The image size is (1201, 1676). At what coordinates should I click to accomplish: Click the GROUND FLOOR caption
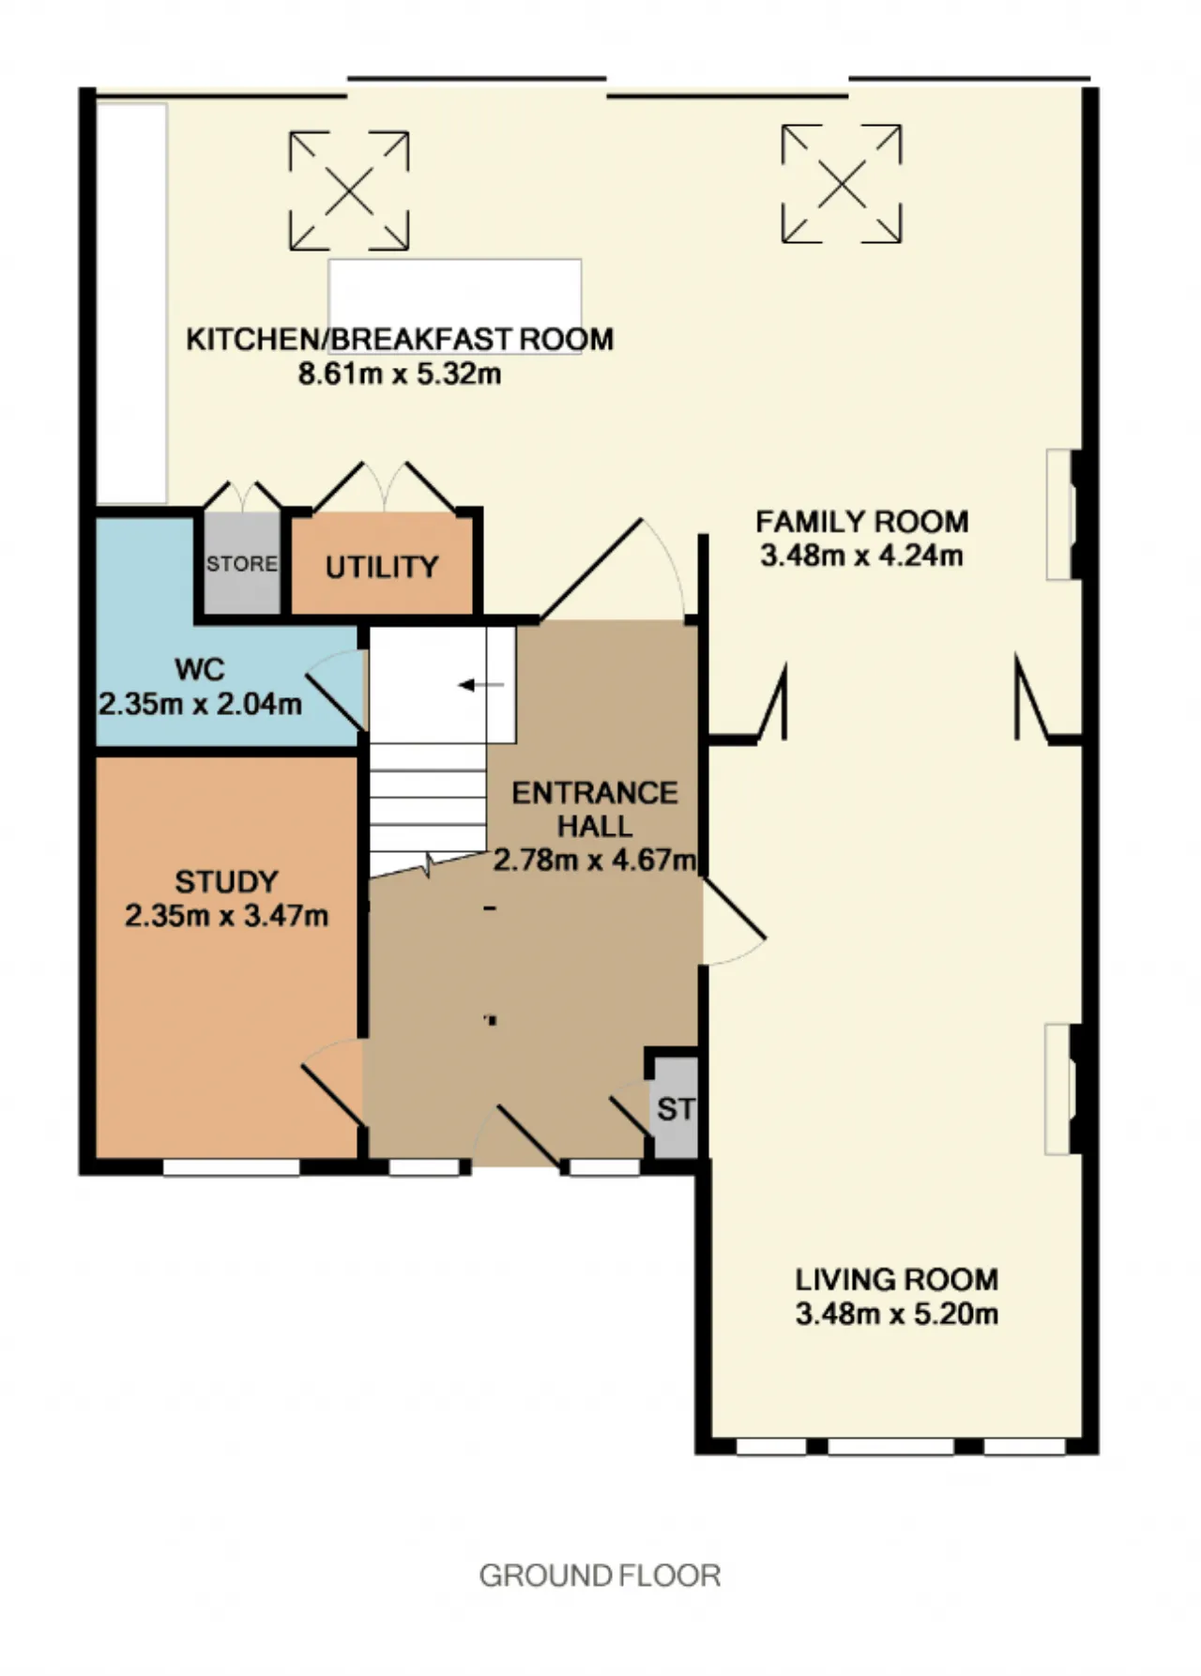pyautogui.click(x=600, y=1576)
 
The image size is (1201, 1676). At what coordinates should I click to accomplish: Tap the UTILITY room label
pyautogui.click(x=382, y=567)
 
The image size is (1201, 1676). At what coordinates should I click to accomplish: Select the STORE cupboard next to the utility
pyautogui.click(x=242, y=563)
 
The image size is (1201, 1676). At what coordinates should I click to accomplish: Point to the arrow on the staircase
pyautogui.click(x=480, y=685)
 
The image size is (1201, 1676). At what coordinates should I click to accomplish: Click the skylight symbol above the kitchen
pyautogui.click(x=349, y=190)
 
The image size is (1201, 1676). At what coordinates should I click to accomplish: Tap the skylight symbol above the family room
pyautogui.click(x=842, y=184)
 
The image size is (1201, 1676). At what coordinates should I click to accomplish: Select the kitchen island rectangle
pyautogui.click(x=454, y=306)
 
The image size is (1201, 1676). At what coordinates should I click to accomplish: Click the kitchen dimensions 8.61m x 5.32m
pyautogui.click(x=400, y=373)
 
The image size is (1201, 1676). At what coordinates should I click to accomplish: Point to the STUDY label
pyautogui.click(x=227, y=881)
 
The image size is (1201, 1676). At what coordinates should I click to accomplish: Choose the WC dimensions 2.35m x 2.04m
pyautogui.click(x=201, y=704)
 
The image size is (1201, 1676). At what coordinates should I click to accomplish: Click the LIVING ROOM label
pyautogui.click(x=897, y=1279)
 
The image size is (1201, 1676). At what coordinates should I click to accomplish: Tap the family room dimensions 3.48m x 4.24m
pyautogui.click(x=861, y=555)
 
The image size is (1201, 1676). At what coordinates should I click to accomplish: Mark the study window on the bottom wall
pyautogui.click(x=232, y=1167)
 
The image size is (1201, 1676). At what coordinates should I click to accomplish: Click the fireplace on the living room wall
pyautogui.click(x=1060, y=1089)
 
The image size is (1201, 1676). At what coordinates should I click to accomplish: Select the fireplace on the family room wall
pyautogui.click(x=1060, y=514)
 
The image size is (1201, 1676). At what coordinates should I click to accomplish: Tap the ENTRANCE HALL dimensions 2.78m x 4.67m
pyautogui.click(x=596, y=860)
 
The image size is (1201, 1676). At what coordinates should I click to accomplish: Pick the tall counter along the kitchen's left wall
pyautogui.click(x=132, y=303)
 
